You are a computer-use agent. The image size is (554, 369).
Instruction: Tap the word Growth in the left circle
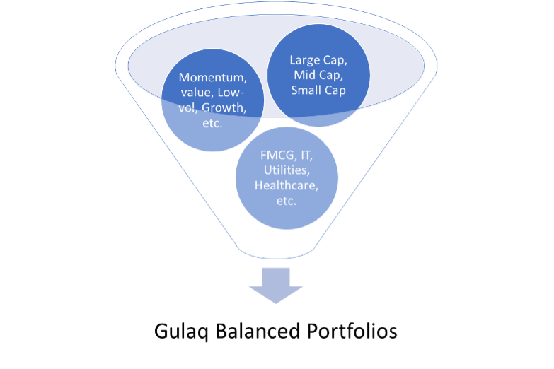pyautogui.click(x=224, y=107)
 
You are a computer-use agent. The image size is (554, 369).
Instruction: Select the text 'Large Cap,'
pyautogui.click(x=318, y=60)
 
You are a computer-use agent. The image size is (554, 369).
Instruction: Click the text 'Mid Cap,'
pyautogui.click(x=318, y=75)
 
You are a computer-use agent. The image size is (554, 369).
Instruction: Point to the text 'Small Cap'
pyautogui.click(x=318, y=90)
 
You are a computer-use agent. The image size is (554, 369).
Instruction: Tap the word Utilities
pyautogui.click(x=287, y=170)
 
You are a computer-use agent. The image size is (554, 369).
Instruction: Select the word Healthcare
pyautogui.click(x=287, y=185)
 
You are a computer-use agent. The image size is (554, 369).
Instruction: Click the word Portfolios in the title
pyautogui.click(x=352, y=332)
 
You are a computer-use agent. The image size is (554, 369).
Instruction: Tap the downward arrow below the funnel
pyautogui.click(x=276, y=286)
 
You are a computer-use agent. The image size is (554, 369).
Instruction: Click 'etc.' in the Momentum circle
pyautogui.click(x=212, y=123)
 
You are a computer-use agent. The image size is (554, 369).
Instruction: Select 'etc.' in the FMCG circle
pyautogui.click(x=287, y=201)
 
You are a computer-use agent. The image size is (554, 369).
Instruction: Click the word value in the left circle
pyautogui.click(x=197, y=93)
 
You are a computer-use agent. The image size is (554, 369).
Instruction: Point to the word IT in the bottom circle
pyautogui.click(x=306, y=155)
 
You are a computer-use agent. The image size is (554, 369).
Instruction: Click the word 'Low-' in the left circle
pyautogui.click(x=231, y=93)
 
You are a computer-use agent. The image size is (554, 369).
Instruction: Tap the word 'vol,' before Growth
pyautogui.click(x=187, y=107)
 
